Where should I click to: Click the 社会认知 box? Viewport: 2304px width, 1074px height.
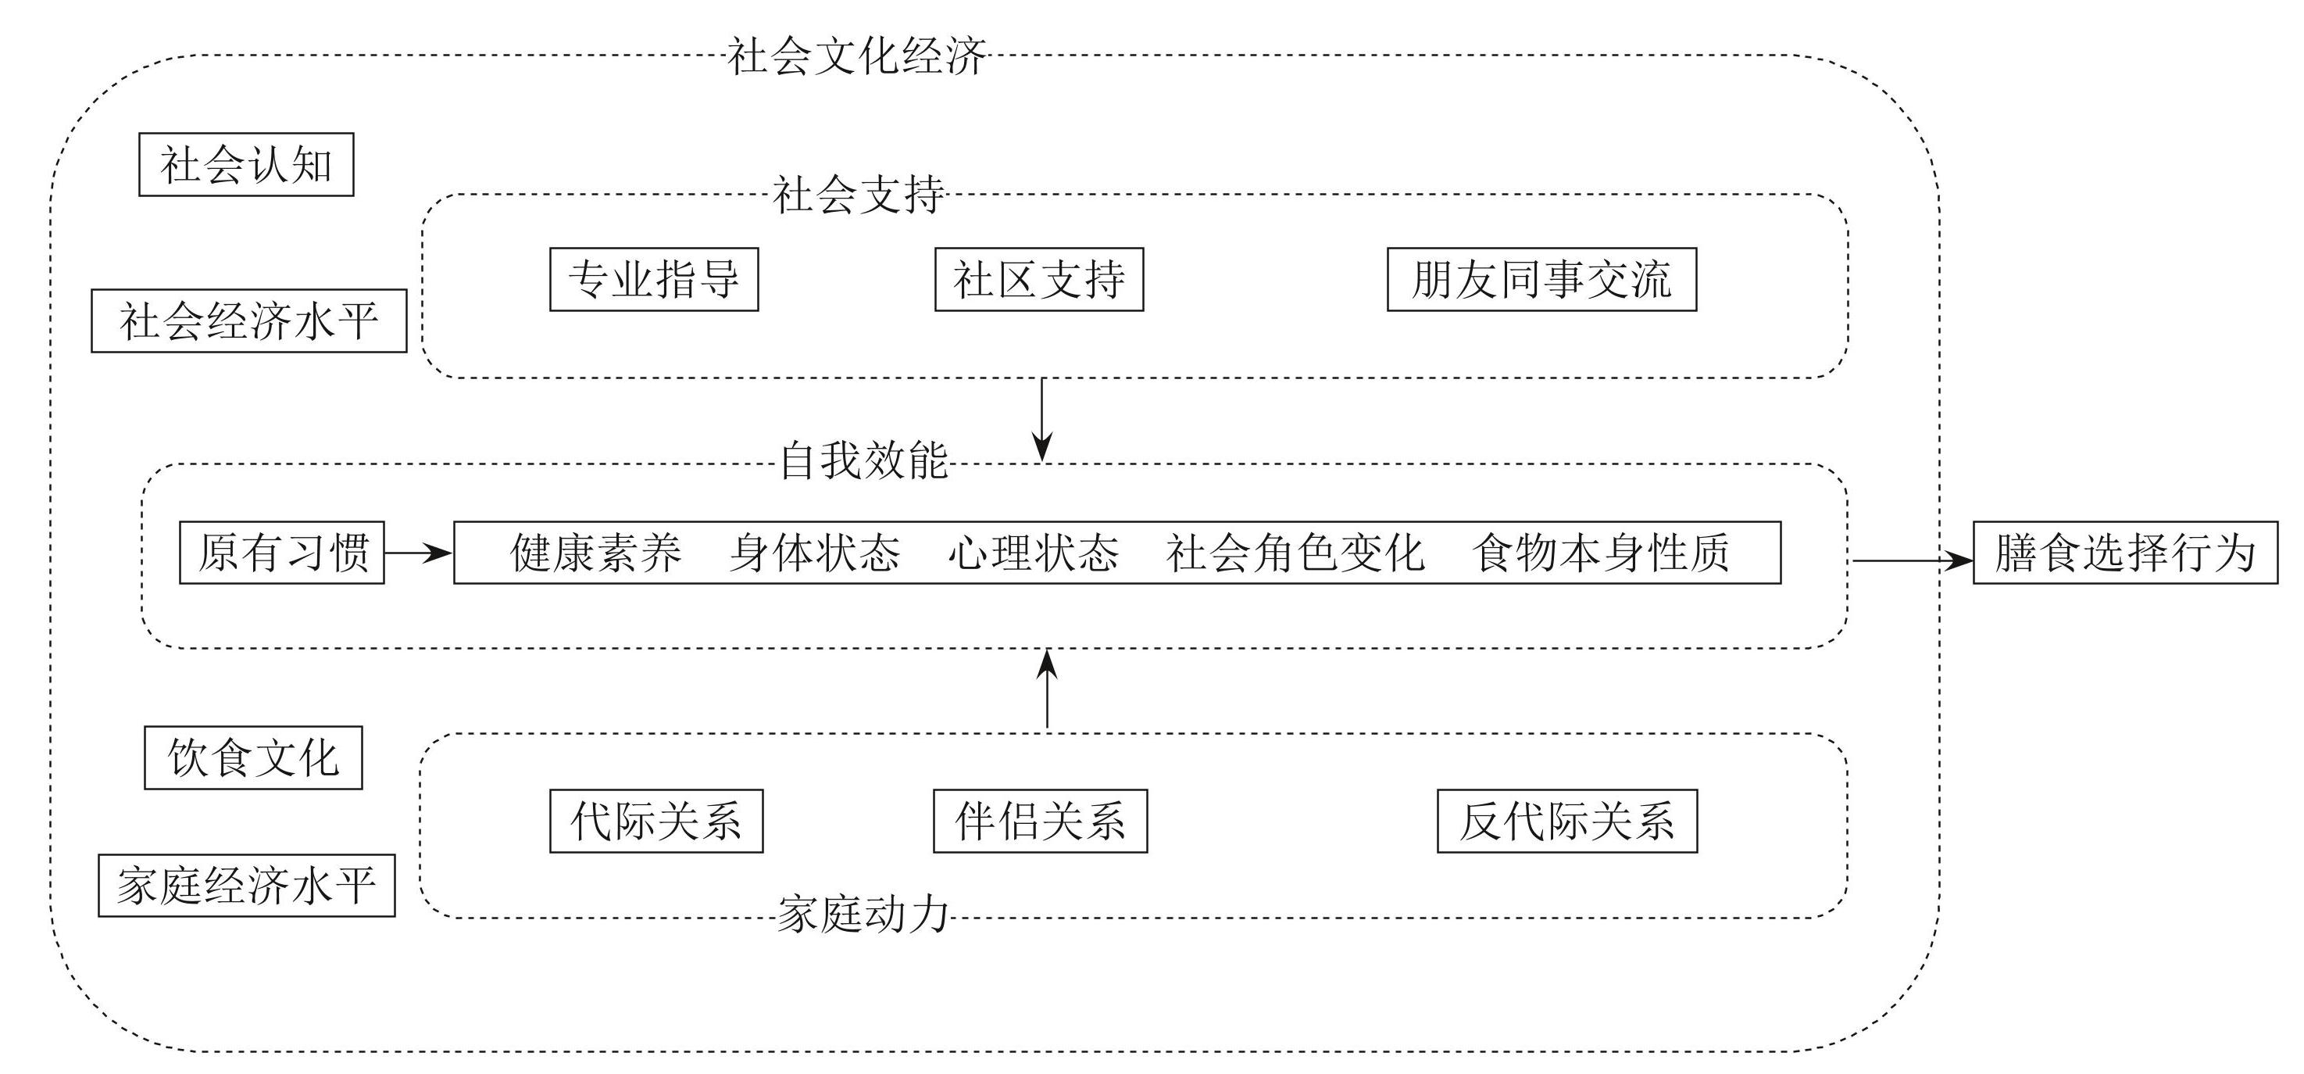tap(246, 165)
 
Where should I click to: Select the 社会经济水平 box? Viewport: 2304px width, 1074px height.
tap(248, 320)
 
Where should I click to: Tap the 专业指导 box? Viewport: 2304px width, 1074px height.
tap(654, 279)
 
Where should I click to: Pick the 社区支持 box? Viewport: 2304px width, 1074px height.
tap(1038, 279)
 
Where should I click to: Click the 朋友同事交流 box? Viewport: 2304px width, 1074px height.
tap(1541, 279)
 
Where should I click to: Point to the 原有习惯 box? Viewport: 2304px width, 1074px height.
tap(282, 552)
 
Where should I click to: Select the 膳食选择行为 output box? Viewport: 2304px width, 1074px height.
tap(2124, 552)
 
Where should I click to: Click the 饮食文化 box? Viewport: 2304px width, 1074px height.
tap(253, 757)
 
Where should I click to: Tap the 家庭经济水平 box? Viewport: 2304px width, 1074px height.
tap(246, 885)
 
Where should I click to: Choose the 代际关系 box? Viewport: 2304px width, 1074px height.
tap(655, 821)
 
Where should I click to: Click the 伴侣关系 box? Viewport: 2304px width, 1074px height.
tap(1040, 821)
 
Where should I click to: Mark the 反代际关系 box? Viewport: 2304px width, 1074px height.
tap(1566, 821)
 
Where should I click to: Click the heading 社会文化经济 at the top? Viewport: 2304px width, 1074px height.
tap(856, 56)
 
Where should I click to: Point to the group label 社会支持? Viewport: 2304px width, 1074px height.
tap(858, 194)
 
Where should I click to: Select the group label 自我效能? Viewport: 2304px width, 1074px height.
tap(863, 461)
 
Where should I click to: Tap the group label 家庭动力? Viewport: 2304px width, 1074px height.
tap(863, 915)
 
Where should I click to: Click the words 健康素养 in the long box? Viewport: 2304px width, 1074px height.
tap(595, 552)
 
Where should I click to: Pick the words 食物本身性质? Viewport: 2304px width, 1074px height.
tap(1600, 552)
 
